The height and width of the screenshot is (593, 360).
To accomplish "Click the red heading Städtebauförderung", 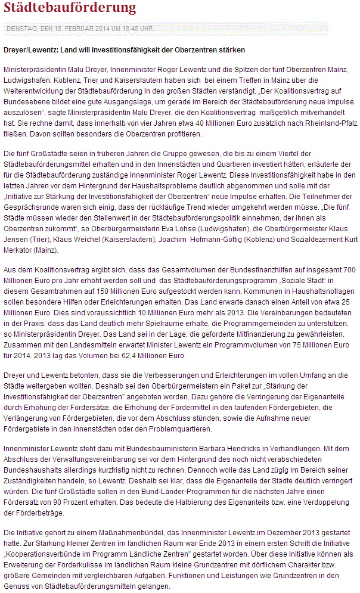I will (70, 8).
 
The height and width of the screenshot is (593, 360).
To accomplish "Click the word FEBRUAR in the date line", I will (73, 29).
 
